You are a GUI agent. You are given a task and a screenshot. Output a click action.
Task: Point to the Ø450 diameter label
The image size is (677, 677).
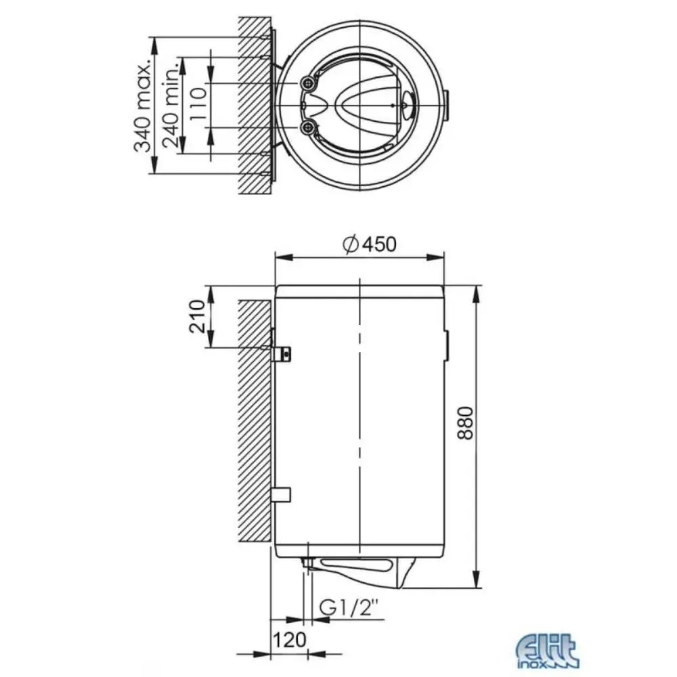click(x=369, y=244)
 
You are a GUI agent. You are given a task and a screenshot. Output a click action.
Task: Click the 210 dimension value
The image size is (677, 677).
click(x=197, y=316)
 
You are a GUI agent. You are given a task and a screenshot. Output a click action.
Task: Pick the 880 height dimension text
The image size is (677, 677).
click(x=466, y=422)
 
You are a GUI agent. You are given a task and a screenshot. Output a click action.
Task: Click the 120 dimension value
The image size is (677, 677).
click(x=289, y=640)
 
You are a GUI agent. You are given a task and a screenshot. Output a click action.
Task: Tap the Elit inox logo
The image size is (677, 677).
click(x=548, y=651)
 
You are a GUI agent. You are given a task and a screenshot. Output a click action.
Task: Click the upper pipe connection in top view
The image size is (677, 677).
click(x=308, y=83)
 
